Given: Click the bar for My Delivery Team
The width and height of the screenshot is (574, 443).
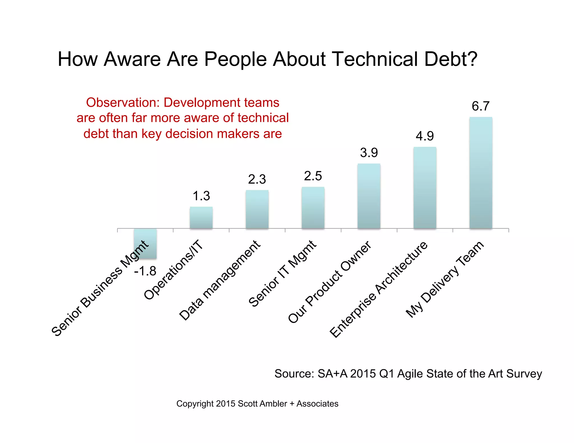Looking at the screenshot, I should (481, 173).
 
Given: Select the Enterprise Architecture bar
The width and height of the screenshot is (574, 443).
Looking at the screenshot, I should (425, 188).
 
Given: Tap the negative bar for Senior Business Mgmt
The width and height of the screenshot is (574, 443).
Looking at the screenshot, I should (145, 243).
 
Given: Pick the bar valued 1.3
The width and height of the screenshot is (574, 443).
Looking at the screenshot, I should (201, 218).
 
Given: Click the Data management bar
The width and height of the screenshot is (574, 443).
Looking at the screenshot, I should (257, 209).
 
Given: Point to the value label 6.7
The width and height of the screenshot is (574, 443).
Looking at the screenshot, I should (480, 106).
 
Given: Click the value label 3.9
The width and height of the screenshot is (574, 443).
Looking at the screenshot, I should (369, 153).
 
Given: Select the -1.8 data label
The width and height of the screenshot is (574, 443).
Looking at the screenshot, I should (145, 271).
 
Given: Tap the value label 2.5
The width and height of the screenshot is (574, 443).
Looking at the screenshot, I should (313, 176).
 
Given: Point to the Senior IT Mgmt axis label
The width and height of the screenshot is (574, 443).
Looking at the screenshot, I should (283, 274).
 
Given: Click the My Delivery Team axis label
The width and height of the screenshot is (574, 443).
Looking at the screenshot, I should (445, 279).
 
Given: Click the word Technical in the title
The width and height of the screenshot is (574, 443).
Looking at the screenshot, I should (376, 59).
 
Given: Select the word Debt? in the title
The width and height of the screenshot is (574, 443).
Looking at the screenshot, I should (451, 59).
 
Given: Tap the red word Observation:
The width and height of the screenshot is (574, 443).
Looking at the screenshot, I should (123, 102).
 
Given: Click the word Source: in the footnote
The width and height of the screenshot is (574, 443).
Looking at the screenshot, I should (294, 374).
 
